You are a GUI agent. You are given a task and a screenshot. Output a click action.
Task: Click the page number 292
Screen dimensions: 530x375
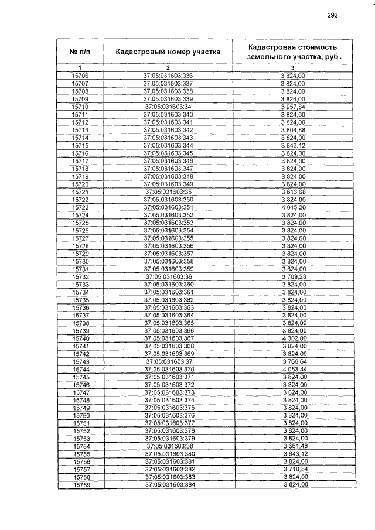(x=332, y=16)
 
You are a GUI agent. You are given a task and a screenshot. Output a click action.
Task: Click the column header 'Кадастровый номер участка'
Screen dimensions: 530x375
(x=168, y=52)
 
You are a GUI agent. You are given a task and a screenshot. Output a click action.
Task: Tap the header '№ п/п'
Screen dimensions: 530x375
(x=80, y=52)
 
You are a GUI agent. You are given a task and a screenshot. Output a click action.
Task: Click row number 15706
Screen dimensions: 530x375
(x=80, y=77)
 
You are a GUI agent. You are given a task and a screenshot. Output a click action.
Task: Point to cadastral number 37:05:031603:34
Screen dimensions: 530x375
(x=168, y=107)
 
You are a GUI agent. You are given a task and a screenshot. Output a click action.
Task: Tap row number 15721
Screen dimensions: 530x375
(x=80, y=192)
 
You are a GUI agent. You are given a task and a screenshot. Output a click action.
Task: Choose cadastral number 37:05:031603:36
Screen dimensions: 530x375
(x=168, y=276)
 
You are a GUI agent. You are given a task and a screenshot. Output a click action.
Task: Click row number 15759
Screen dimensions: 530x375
(x=80, y=485)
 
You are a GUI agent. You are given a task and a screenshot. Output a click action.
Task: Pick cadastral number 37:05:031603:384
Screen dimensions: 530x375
(x=168, y=485)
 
